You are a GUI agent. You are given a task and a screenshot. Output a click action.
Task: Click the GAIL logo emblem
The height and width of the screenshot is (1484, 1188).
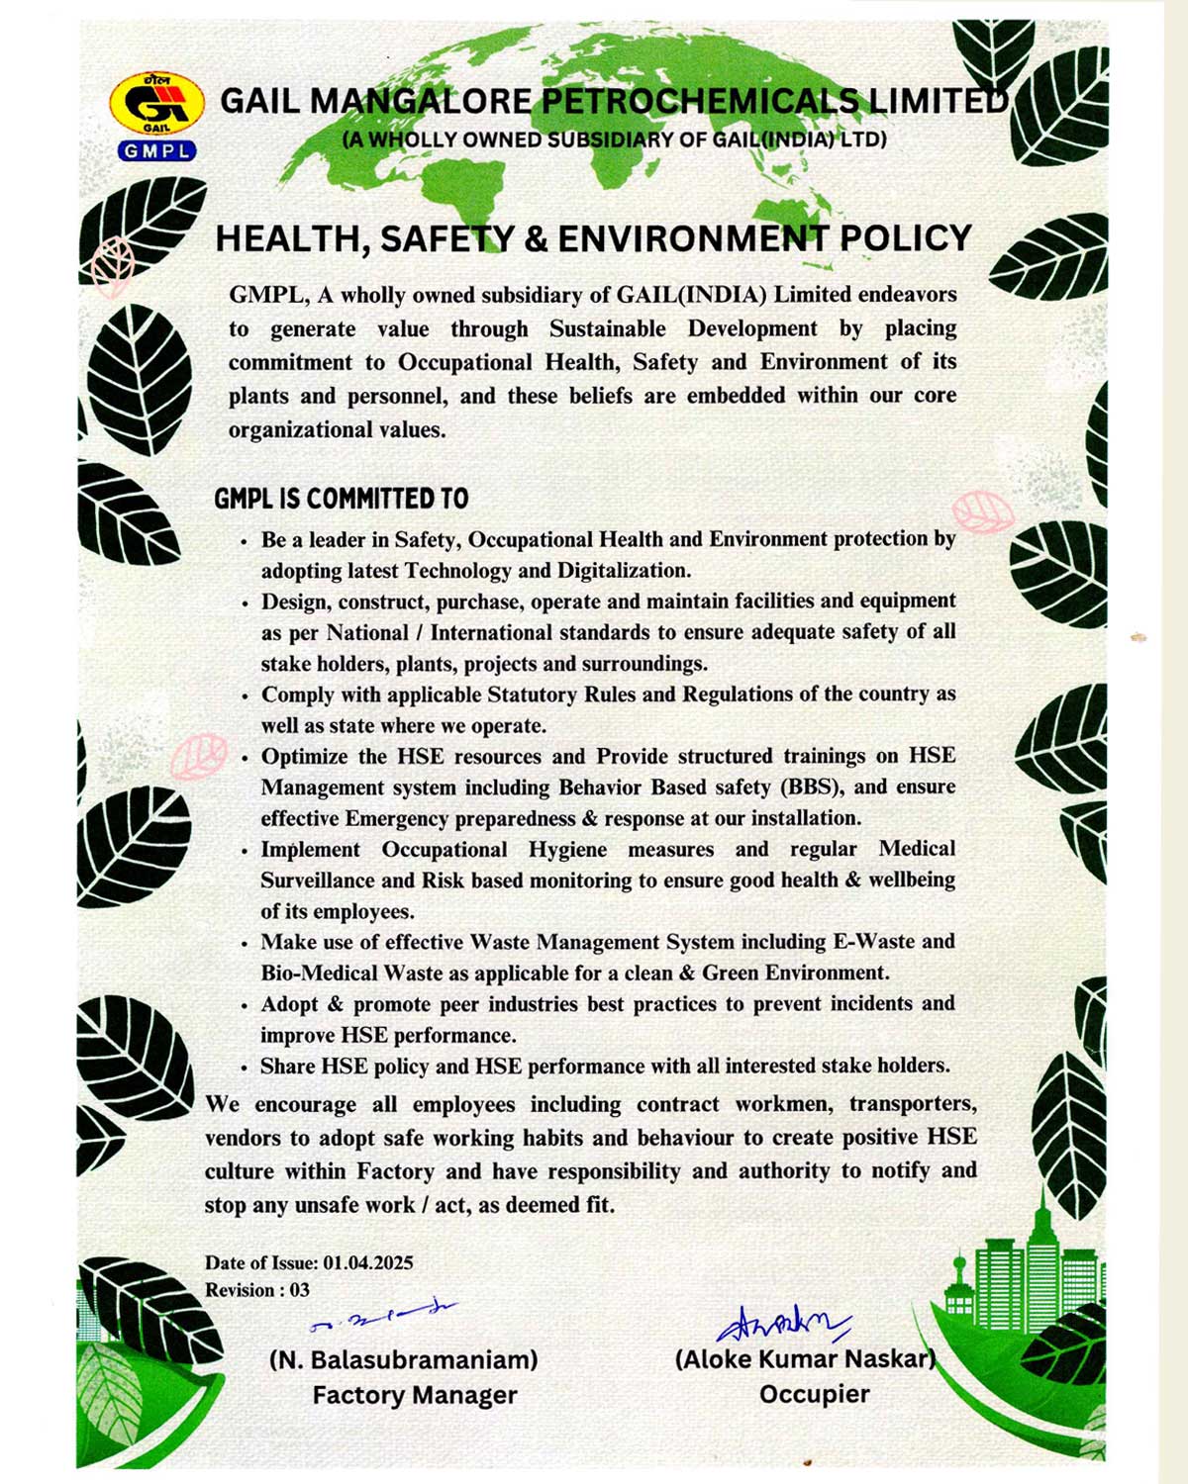pos(156,104)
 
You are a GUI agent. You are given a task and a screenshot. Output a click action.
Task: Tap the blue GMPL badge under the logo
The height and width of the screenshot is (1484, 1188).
pos(156,151)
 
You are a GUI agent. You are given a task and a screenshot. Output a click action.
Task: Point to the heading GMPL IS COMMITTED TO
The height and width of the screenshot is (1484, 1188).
pos(342,499)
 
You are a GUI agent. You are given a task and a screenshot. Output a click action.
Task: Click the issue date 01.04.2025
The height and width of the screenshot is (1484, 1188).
pos(368,1263)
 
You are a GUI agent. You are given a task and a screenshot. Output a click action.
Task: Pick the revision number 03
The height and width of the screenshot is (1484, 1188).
pos(299,1291)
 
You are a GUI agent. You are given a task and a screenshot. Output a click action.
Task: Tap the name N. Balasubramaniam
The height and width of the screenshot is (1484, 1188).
pos(404,1360)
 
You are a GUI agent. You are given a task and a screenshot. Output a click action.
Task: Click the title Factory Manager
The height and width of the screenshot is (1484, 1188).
pos(415,1396)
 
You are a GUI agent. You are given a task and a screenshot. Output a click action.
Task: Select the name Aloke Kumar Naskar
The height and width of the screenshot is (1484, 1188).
pos(805,1359)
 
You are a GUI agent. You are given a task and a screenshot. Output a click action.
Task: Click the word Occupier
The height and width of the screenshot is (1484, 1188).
pos(815,1395)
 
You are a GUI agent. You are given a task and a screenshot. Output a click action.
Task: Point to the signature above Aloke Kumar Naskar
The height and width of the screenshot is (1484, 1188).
pos(783,1322)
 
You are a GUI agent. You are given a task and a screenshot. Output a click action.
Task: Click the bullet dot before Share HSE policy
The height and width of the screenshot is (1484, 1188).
pos(245,1068)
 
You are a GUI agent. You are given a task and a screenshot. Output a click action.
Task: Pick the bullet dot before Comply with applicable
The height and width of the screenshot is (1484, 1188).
pos(245,696)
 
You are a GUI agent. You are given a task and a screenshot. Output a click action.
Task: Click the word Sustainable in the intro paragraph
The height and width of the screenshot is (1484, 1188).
pos(609,329)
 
